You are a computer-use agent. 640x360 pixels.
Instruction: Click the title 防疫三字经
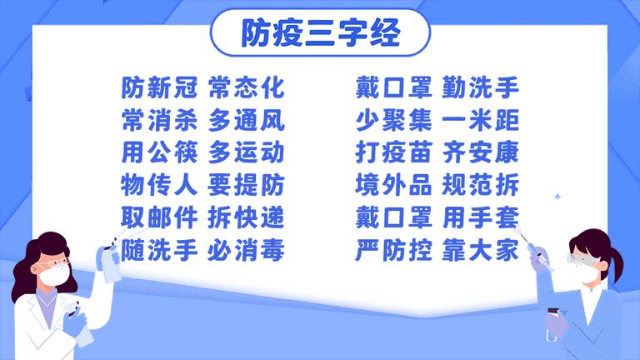pyautogui.click(x=320, y=32)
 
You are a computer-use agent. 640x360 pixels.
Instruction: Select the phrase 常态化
pyautogui.click(x=247, y=87)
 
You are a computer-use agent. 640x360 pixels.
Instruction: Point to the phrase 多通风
pyautogui.click(x=247, y=120)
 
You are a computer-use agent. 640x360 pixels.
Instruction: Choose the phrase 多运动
pyautogui.click(x=247, y=152)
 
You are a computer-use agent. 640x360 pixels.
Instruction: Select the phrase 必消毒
pyautogui.click(x=247, y=248)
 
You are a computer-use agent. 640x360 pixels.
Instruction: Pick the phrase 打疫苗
pyautogui.click(x=393, y=152)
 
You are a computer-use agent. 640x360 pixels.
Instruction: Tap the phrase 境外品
pyautogui.click(x=393, y=184)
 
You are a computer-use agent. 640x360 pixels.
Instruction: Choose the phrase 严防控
pyautogui.click(x=393, y=248)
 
